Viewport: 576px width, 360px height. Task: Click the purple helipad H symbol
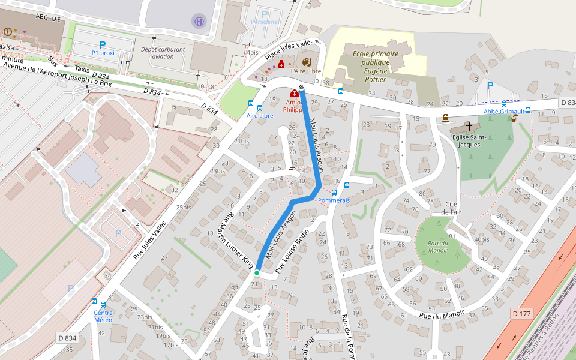[199, 22]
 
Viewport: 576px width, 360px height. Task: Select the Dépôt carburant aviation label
[163, 53]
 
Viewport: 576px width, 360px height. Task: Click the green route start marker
[257, 273]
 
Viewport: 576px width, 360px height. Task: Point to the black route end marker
[301, 89]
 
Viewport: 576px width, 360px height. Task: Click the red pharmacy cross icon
[294, 94]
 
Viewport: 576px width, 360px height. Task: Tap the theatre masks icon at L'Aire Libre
[307, 62]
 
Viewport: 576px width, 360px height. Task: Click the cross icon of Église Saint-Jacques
[469, 127]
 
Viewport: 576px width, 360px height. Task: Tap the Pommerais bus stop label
[334, 200]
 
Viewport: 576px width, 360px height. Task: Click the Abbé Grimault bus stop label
[505, 112]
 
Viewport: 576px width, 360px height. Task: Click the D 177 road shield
[523, 314]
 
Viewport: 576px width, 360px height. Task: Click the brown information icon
[7, 31]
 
